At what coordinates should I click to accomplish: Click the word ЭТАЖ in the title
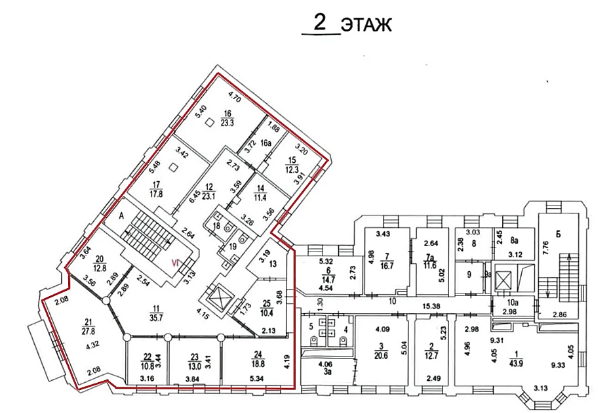[366, 26]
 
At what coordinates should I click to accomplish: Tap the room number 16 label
[227, 114]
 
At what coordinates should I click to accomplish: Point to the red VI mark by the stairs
[175, 263]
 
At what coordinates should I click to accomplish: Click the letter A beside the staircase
[121, 217]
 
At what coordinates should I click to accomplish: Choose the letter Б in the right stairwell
[558, 234]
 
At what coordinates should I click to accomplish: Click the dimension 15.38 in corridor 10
[431, 307]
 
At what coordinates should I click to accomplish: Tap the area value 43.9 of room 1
[516, 363]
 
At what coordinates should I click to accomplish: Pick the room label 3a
[327, 372]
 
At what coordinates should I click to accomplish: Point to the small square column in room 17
[174, 167]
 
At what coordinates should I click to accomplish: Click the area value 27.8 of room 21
[88, 332]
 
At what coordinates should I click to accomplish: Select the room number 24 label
[258, 355]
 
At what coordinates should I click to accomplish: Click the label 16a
[266, 143]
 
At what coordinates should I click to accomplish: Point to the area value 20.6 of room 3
[381, 356]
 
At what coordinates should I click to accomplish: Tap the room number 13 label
[273, 264]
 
